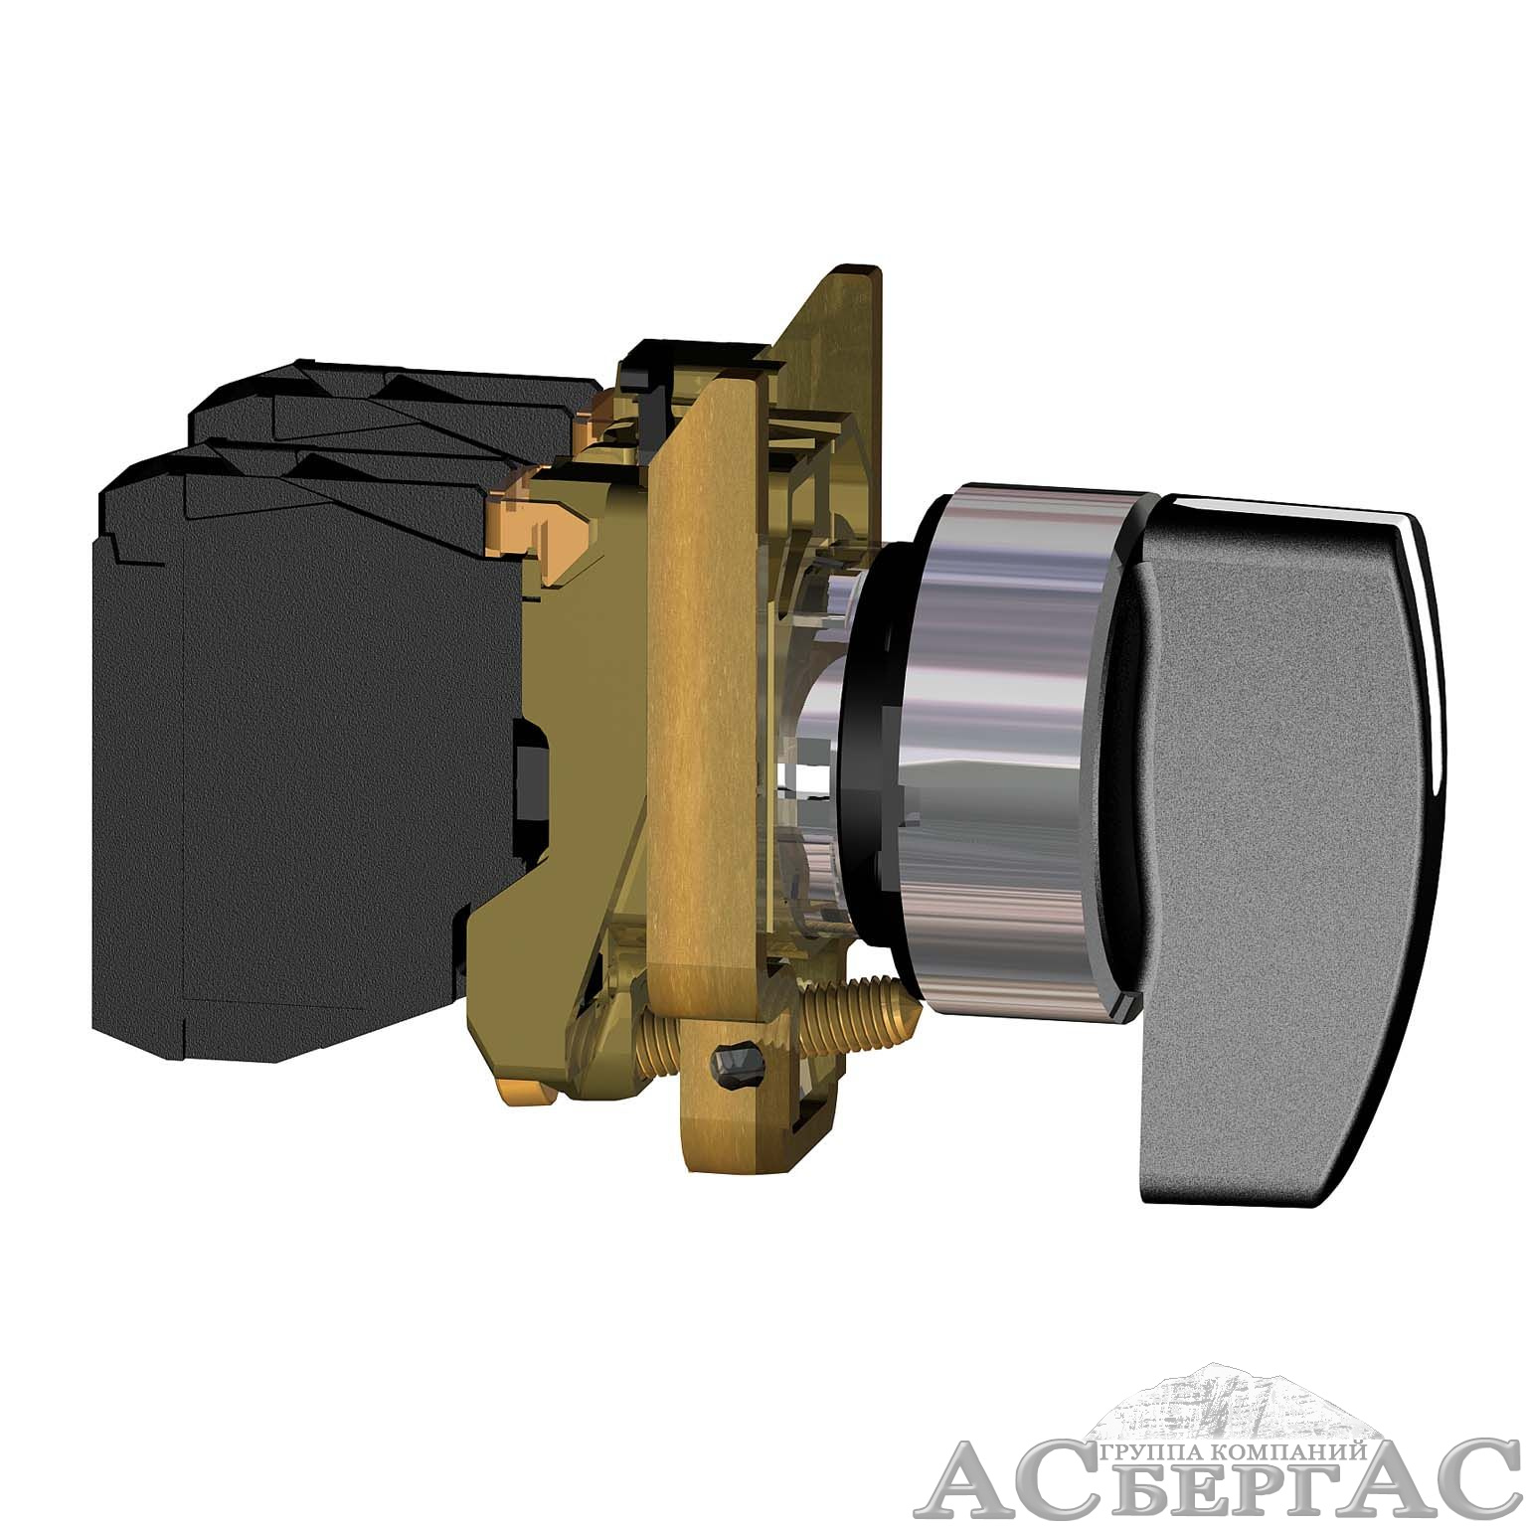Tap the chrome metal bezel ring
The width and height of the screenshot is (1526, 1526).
1004,756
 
